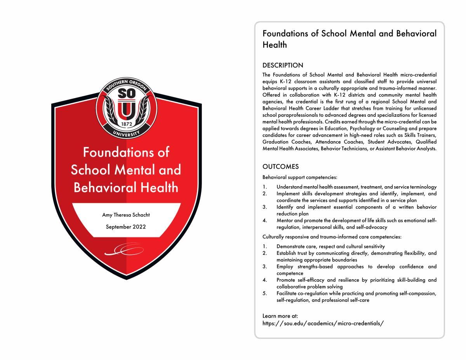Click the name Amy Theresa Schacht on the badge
[125, 215]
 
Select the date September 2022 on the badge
[125, 227]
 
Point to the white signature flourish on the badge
[124, 251]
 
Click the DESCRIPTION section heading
[283, 65]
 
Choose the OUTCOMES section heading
[280, 167]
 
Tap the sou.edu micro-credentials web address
[323, 323]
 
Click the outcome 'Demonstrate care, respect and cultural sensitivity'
[330, 246]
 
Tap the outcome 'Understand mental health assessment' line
[356, 187]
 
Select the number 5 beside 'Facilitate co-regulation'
[264, 293]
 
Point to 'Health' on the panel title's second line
[275, 45]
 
